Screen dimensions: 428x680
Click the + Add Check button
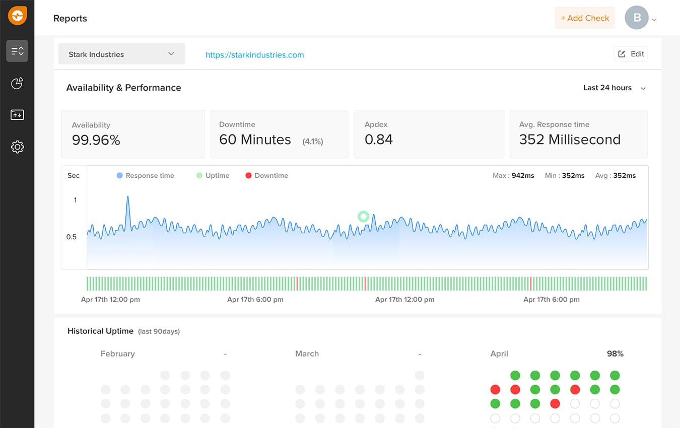pyautogui.click(x=584, y=18)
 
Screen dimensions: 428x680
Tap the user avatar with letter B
pyautogui.click(x=637, y=18)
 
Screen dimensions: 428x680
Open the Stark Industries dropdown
pyautogui.click(x=121, y=54)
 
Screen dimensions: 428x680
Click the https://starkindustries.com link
pyautogui.click(x=254, y=55)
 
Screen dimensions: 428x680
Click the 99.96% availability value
pyautogui.click(x=96, y=140)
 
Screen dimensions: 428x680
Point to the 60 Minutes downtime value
pyautogui.click(x=255, y=139)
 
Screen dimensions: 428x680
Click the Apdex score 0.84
pyautogui.click(x=378, y=139)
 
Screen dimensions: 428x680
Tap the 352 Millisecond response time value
pyautogui.click(x=570, y=139)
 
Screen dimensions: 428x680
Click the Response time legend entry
pyautogui.click(x=145, y=176)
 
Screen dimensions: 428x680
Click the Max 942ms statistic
pyautogui.click(x=513, y=176)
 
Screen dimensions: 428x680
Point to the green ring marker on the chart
pyautogui.click(x=363, y=217)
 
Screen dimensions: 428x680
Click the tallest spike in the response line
pyautogui.click(x=127, y=198)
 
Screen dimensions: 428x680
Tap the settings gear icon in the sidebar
pyautogui.click(x=17, y=147)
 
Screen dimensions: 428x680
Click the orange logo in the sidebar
pyautogui.click(x=17, y=16)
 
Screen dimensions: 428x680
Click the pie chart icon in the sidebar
pyautogui.click(x=17, y=83)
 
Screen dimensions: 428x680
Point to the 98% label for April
pyautogui.click(x=615, y=353)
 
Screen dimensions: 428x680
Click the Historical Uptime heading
pyautogui.click(x=100, y=331)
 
